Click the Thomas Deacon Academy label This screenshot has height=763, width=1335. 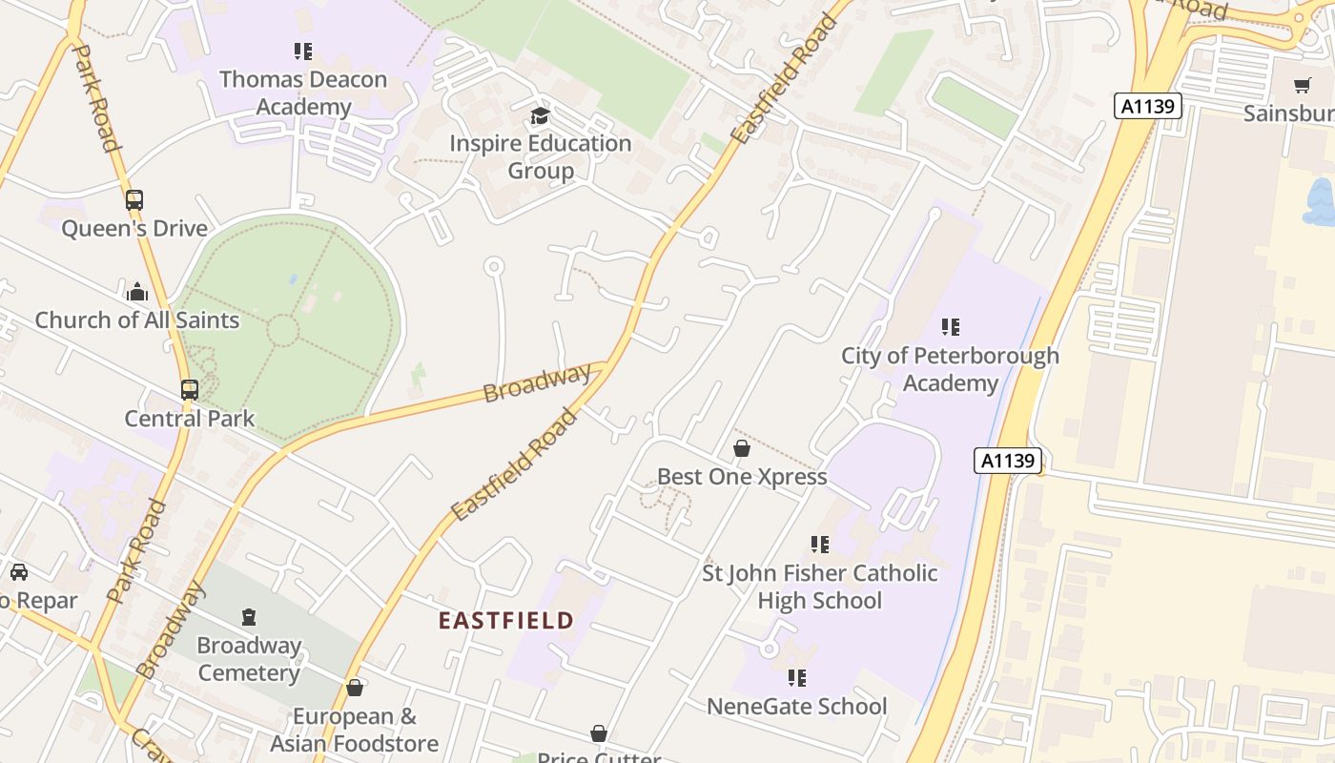[303, 93]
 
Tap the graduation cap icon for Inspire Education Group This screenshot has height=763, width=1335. [541, 116]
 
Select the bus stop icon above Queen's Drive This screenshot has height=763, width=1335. [134, 200]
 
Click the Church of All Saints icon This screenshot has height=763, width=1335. [137, 292]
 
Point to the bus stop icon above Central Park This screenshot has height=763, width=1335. [190, 389]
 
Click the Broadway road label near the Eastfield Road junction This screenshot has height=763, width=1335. [536, 383]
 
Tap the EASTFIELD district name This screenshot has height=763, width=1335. [506, 621]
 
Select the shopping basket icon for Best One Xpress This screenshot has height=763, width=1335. [742, 448]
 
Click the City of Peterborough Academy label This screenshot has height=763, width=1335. [950, 369]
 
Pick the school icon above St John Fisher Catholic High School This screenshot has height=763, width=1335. [819, 545]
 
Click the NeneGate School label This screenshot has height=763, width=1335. [796, 707]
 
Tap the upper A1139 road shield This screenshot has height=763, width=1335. [1148, 106]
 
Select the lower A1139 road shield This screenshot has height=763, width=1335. [1008, 461]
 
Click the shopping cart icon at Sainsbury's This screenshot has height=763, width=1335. [1303, 85]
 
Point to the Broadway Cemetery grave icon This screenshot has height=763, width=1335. [249, 617]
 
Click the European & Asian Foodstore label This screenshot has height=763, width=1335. [354, 730]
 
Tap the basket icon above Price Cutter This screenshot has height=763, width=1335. [599, 733]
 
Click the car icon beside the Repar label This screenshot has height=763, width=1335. [18, 572]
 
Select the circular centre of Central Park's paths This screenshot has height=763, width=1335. [282, 331]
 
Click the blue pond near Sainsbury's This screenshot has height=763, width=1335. [1321, 203]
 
